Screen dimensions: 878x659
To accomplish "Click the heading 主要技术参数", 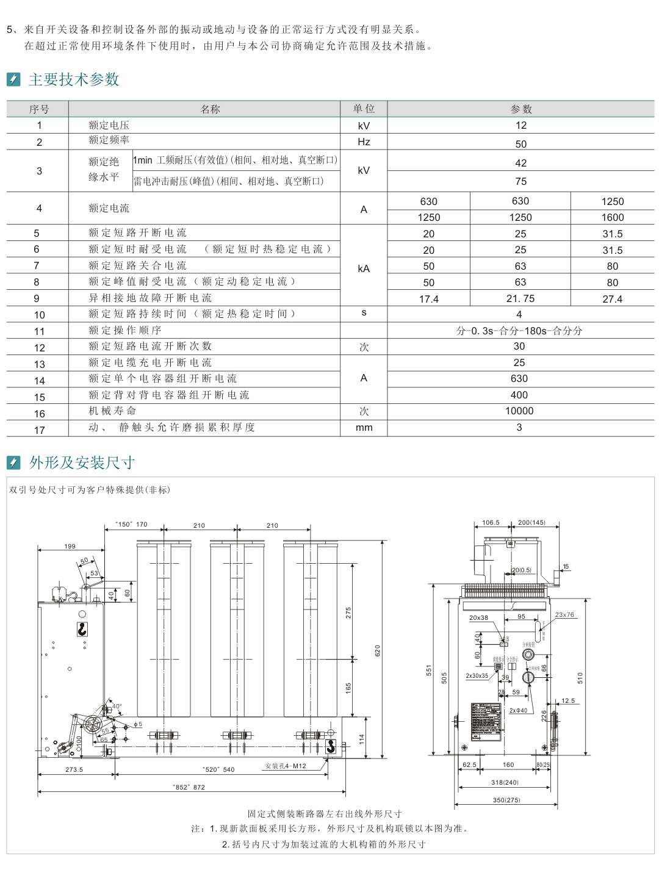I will [x=74, y=79].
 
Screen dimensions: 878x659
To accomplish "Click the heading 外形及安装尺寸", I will [x=82, y=462].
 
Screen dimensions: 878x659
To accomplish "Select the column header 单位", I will [x=364, y=109].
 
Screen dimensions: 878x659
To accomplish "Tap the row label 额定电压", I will [x=109, y=125].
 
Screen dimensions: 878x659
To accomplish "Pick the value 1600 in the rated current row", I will [x=612, y=217].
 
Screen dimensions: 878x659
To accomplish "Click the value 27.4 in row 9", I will [x=612, y=299].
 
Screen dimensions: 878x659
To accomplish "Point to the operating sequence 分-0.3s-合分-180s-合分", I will [x=519, y=331].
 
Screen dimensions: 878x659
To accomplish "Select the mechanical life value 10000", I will [x=519, y=411].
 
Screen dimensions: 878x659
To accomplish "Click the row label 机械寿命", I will [x=112, y=411].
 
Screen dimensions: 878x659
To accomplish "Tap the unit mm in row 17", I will [x=364, y=427].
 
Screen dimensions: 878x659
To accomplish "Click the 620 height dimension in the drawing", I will [x=378, y=650].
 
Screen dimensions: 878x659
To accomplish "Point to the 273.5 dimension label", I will [x=74, y=769].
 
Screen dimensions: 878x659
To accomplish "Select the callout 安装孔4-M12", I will [x=286, y=766].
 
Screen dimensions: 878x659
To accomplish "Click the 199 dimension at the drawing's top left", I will [x=70, y=546].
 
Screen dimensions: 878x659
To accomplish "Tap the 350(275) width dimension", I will [x=506, y=799].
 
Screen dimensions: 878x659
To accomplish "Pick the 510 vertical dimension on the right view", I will [x=580, y=677].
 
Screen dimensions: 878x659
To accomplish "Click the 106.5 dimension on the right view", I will [x=491, y=522].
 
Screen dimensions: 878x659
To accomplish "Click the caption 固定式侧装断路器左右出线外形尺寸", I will [x=325, y=813].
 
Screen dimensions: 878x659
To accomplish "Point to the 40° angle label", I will [x=117, y=706].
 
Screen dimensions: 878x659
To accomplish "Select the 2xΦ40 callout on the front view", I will [x=518, y=710].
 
